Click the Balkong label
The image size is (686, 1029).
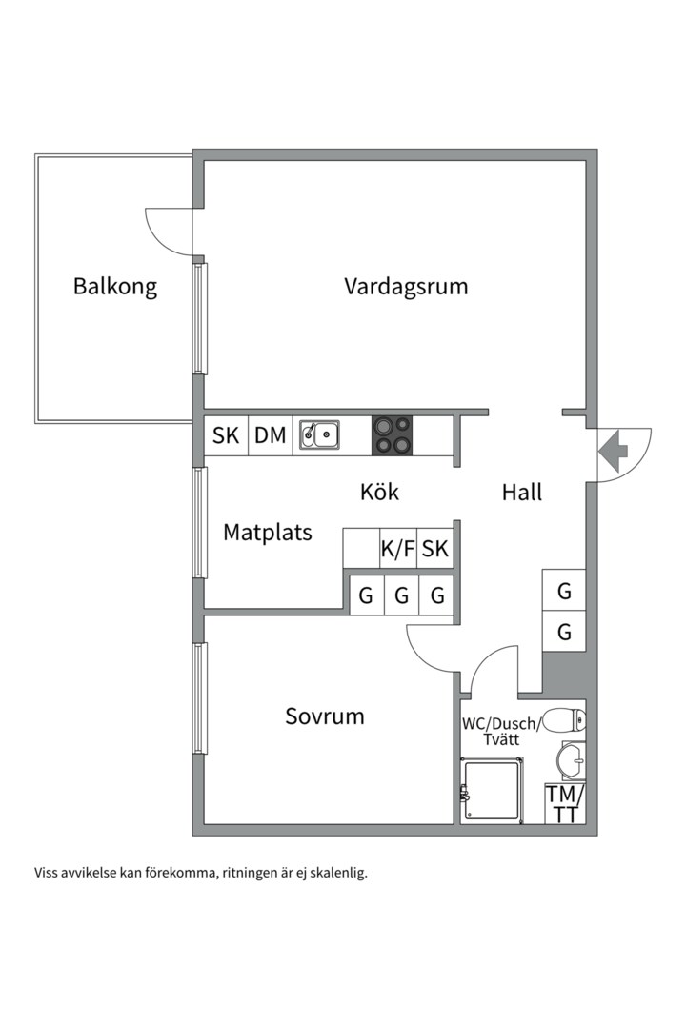tap(115, 286)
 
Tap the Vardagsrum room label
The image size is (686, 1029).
tap(406, 286)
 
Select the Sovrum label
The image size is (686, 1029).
tap(325, 716)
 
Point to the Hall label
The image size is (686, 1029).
tap(522, 492)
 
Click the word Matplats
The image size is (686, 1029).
tap(268, 532)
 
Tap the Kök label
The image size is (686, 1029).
tap(379, 492)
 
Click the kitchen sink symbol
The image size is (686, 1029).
tap(320, 435)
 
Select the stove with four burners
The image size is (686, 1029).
tap(393, 435)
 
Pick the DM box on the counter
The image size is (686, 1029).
tap(271, 435)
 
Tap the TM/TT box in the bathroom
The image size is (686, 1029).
tap(565, 803)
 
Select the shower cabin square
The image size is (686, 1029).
tap(492, 790)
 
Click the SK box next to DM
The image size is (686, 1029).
tap(226, 435)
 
